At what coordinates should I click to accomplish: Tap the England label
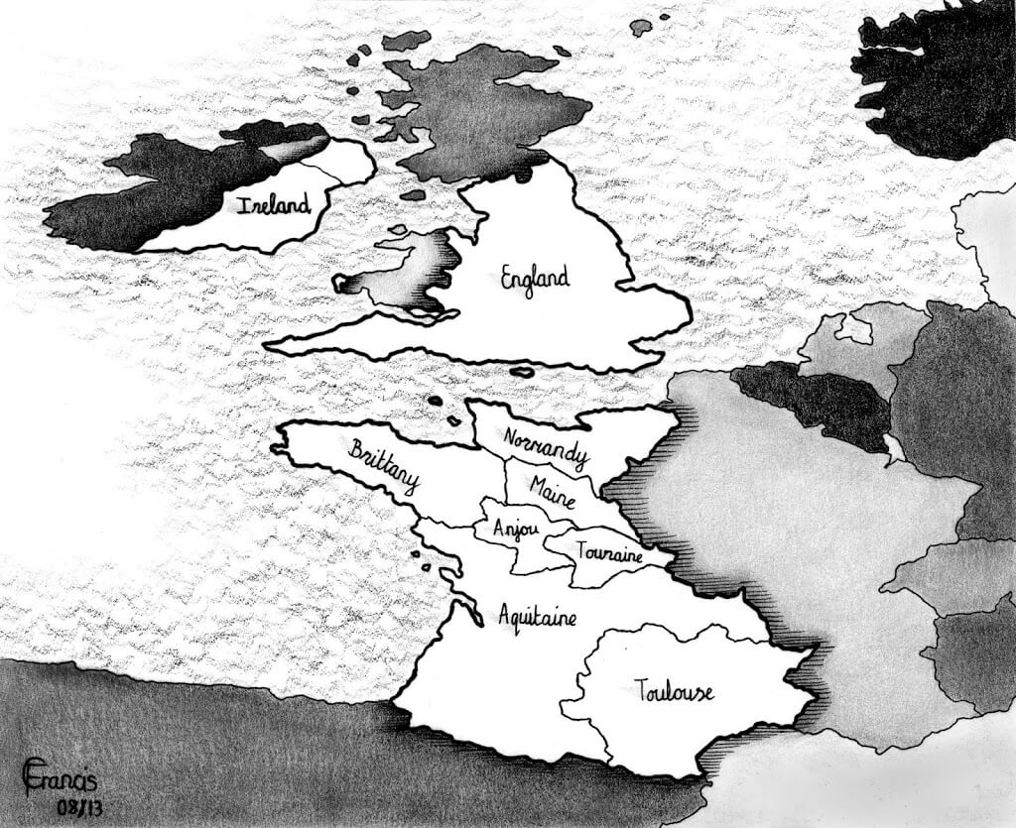[x=535, y=279]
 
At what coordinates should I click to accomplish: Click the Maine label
[x=553, y=489]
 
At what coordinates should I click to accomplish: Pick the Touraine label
[x=609, y=552]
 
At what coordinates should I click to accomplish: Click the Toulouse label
[x=673, y=690]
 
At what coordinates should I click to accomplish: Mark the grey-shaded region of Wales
[x=402, y=278]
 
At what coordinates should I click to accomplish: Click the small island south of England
[x=522, y=373]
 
